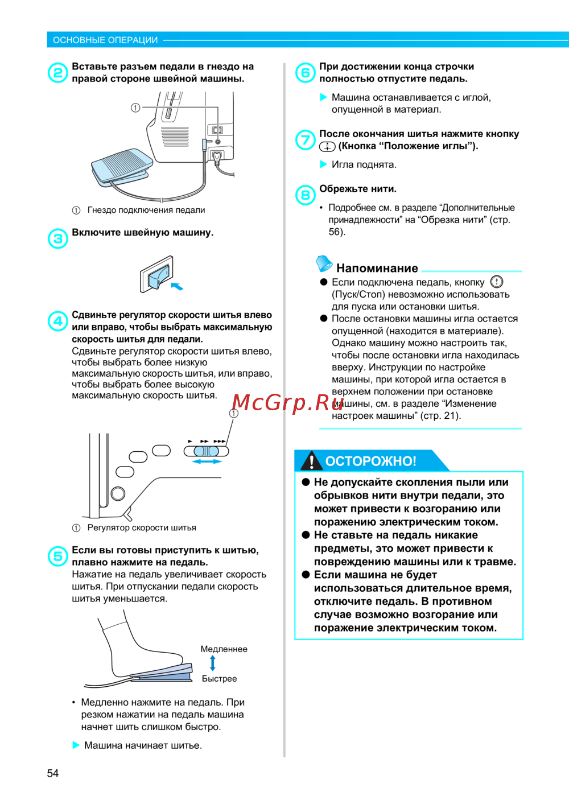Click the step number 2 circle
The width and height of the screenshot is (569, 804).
click(58, 73)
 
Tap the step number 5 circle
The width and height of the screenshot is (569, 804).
click(58, 556)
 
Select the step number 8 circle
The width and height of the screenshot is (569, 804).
click(305, 195)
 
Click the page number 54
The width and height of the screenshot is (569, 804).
click(53, 773)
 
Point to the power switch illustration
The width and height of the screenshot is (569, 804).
click(157, 274)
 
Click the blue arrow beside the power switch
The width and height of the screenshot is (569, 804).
click(177, 286)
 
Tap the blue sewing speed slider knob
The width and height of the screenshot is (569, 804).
click(206, 451)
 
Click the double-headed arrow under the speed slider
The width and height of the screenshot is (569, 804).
click(207, 461)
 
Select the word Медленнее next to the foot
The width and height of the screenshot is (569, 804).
click(224, 649)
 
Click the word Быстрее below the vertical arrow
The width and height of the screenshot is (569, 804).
click(219, 678)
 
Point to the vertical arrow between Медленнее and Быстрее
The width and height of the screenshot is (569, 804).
click(213, 663)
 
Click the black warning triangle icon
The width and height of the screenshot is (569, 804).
click(311, 460)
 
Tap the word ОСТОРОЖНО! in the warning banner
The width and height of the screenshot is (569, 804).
click(370, 461)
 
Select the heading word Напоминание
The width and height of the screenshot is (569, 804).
click(377, 268)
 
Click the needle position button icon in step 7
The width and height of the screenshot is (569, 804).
click(327, 146)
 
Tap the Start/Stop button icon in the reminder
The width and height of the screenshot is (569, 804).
click(497, 282)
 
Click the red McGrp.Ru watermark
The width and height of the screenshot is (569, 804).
click(288, 403)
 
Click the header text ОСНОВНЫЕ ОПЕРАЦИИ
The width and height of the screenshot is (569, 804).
click(105, 40)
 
